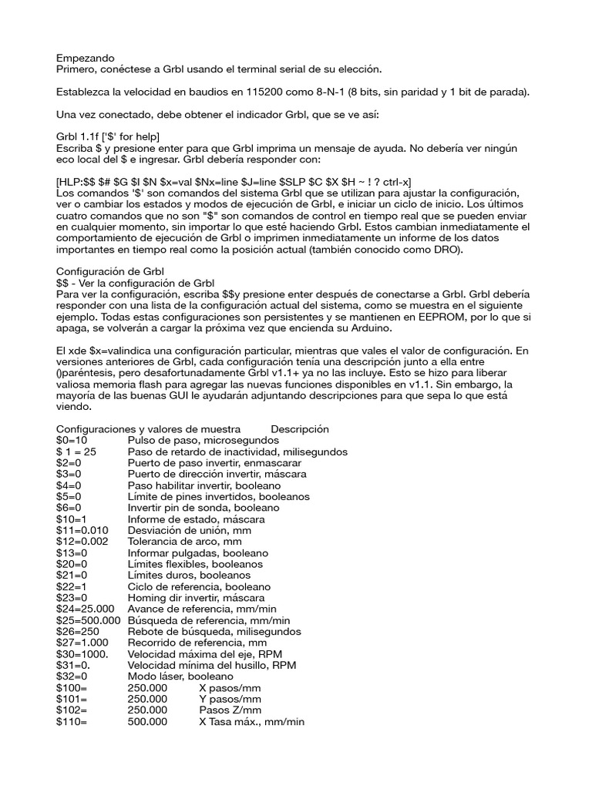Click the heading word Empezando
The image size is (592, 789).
[x=86, y=58]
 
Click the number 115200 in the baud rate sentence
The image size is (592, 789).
[x=267, y=92]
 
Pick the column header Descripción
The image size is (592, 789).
[x=300, y=429]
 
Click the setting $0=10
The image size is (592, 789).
[x=73, y=440]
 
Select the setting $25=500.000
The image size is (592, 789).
[x=89, y=620]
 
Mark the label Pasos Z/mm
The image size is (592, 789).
[x=230, y=710]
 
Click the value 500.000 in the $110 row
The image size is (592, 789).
[x=147, y=722]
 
